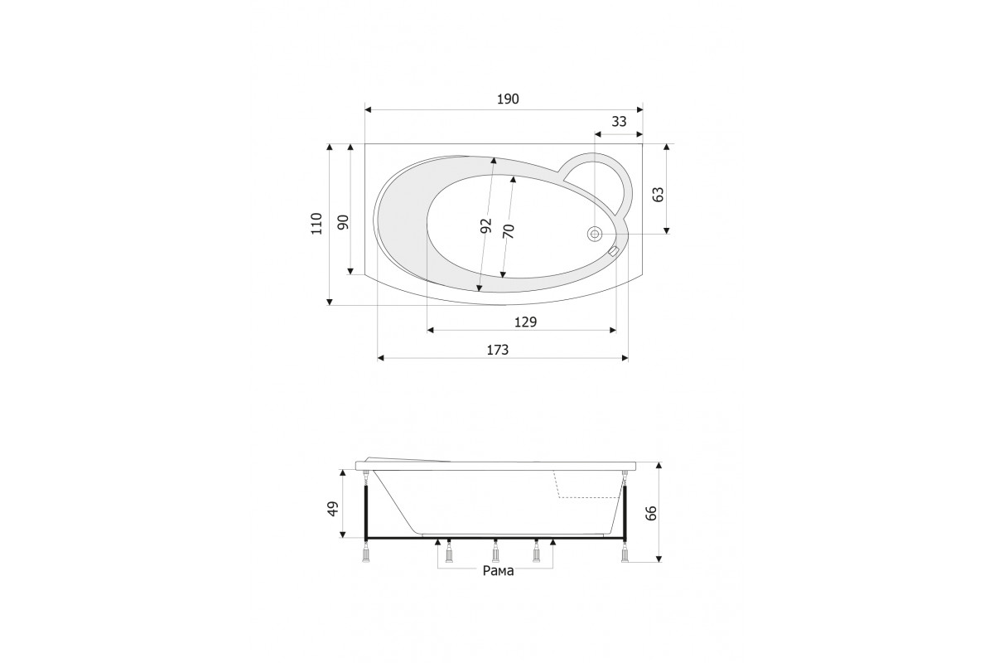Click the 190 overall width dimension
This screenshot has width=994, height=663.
[508, 99]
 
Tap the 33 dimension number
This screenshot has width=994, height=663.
[619, 121]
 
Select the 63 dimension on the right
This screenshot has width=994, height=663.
[658, 195]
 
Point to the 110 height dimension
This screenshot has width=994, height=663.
[316, 224]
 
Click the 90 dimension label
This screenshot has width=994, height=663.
[344, 222]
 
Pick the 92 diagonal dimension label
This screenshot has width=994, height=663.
[486, 225]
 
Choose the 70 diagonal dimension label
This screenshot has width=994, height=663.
[509, 231]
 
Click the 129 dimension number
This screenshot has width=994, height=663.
[525, 322]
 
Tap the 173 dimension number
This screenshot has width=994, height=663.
[498, 350]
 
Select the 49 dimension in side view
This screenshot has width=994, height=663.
[333, 509]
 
